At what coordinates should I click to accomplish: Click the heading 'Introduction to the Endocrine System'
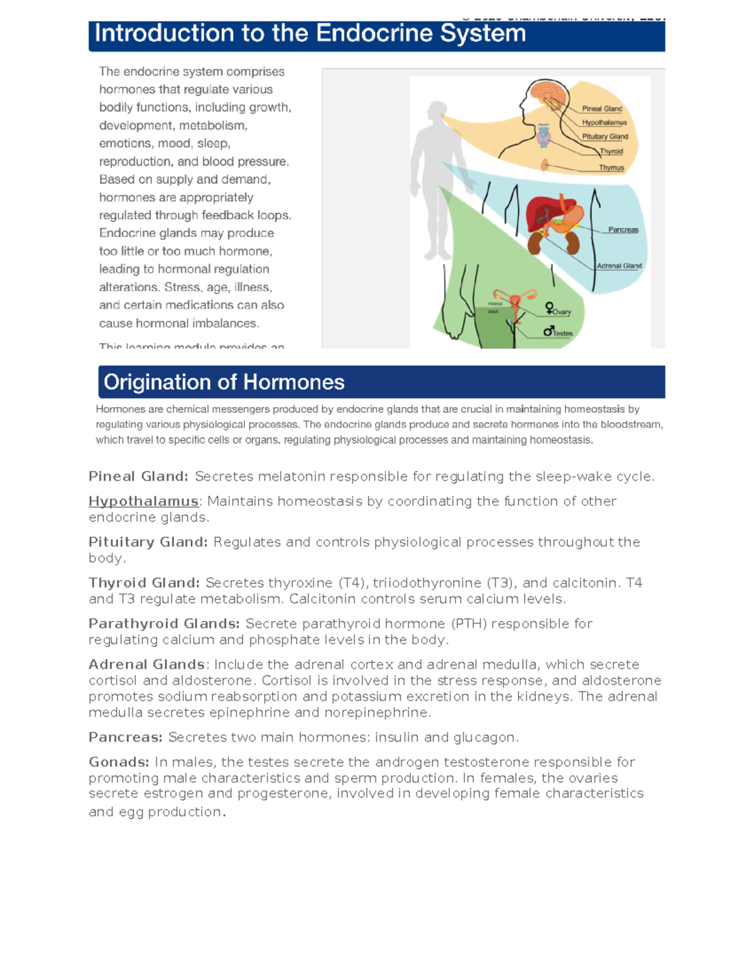point(310,34)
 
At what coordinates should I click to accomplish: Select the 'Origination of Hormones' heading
point(224,382)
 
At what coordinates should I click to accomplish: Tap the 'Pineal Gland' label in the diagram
point(601,109)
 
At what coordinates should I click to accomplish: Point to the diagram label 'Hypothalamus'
point(604,123)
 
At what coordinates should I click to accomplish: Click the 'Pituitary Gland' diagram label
point(604,136)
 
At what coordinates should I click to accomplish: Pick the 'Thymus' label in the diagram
point(611,168)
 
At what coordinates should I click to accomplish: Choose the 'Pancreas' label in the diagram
point(623,230)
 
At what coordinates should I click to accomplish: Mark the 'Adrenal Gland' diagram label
point(619,266)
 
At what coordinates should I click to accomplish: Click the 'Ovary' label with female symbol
point(558,309)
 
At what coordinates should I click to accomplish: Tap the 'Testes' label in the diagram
point(558,332)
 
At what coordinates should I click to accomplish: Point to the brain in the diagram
point(545,91)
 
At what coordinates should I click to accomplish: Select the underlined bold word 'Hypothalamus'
point(143,502)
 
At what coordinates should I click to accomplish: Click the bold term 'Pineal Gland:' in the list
point(138,477)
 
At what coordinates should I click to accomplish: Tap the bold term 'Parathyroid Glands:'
point(164,624)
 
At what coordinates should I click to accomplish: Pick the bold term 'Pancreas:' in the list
point(126,737)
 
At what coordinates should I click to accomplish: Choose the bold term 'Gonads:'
point(119,762)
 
